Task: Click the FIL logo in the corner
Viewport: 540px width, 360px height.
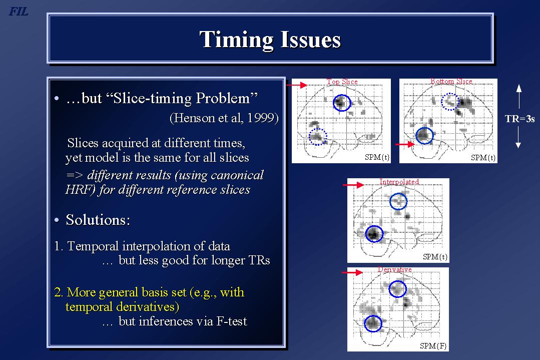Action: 18,12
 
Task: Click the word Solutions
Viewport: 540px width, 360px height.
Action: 98,220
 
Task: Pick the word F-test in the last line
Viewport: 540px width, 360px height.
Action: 232,321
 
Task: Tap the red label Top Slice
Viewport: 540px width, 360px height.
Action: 342,82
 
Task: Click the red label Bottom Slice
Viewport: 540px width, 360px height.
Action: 451,81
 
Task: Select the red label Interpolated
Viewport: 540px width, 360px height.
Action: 399,182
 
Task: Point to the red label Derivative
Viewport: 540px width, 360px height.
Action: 395,269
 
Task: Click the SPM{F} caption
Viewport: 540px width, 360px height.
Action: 433,346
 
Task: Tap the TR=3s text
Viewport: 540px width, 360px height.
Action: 519,119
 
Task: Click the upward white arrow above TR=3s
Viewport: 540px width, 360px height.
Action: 518,97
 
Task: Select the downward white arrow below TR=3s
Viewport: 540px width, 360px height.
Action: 518,137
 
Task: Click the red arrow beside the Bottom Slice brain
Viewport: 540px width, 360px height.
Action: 405,144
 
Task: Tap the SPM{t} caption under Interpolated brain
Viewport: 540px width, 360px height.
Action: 435,257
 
